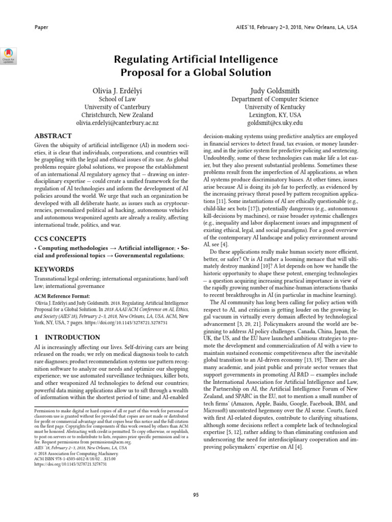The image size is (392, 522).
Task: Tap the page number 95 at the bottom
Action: coord(196,495)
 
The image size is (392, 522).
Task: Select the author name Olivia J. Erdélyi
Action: coord(117,91)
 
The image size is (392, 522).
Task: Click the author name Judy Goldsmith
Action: coord(275,91)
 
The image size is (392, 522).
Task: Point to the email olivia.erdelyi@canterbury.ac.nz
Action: coord(117,123)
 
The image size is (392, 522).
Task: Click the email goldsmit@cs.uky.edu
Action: coord(275,123)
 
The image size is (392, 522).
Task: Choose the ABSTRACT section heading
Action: coord(53,137)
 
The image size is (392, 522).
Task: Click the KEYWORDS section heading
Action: coord(55,269)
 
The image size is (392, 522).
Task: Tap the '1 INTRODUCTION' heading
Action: coord(67,337)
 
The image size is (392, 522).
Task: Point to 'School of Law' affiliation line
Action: coord(117,99)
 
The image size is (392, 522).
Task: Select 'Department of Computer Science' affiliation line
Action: coord(275,99)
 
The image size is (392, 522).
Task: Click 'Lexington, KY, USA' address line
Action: coord(275,115)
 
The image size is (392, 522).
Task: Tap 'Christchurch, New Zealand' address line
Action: coord(117,115)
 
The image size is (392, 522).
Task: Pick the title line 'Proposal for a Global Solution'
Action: coord(196,73)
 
